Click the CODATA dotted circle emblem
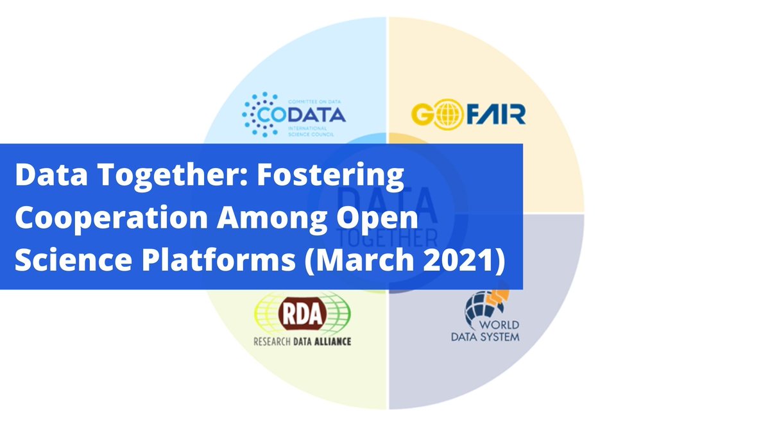(x=260, y=114)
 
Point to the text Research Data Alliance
(x=302, y=341)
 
